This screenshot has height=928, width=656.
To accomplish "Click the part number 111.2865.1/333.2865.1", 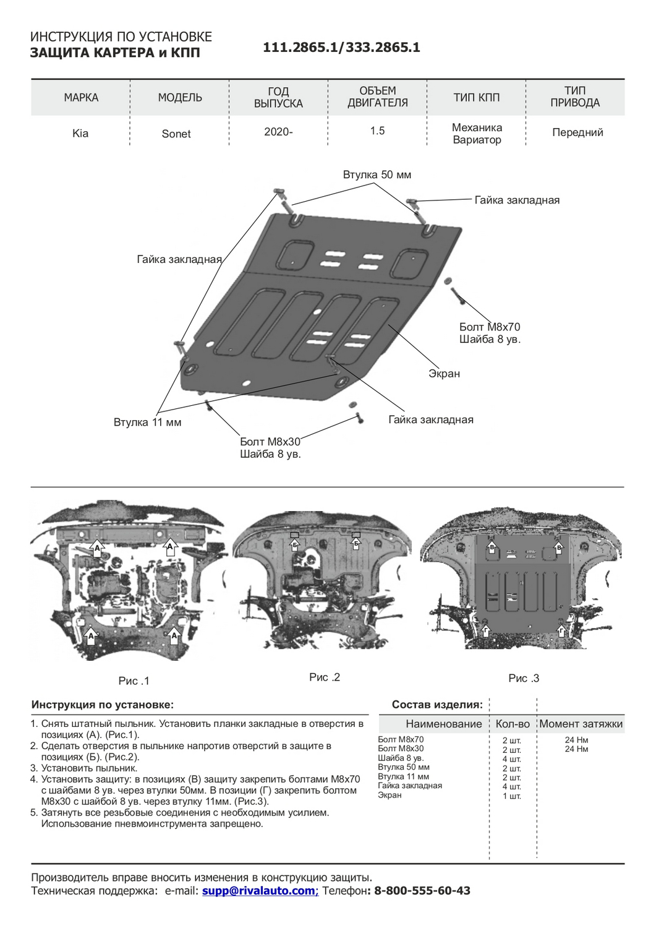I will [341, 48].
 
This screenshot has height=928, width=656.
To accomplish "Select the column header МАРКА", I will [81, 98].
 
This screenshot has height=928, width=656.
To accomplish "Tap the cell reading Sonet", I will [176, 134].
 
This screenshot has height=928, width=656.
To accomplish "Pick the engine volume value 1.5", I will [377, 131].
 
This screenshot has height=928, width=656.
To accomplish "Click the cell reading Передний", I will [577, 132].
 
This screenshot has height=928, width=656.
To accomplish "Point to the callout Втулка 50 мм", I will [377, 175].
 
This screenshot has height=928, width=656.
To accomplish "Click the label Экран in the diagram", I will [444, 374].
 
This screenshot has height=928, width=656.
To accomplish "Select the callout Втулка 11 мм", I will [147, 423].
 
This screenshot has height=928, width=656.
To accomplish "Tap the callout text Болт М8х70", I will [490, 327].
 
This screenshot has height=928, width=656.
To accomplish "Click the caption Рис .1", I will [134, 681].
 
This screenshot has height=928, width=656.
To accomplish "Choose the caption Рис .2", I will [325, 677].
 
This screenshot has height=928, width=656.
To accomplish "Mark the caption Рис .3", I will [524, 678].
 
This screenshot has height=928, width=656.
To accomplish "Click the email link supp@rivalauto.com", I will [258, 891].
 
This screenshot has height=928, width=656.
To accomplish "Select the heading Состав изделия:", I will [437, 705].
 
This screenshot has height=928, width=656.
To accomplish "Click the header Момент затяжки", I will [581, 724].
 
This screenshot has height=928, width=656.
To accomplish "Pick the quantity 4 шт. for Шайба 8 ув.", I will [512, 759].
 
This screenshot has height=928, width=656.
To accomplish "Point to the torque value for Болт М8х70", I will [576, 740].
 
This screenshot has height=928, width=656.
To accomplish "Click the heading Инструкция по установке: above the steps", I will [103, 705].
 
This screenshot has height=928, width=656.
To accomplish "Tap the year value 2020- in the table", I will [278, 132].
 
